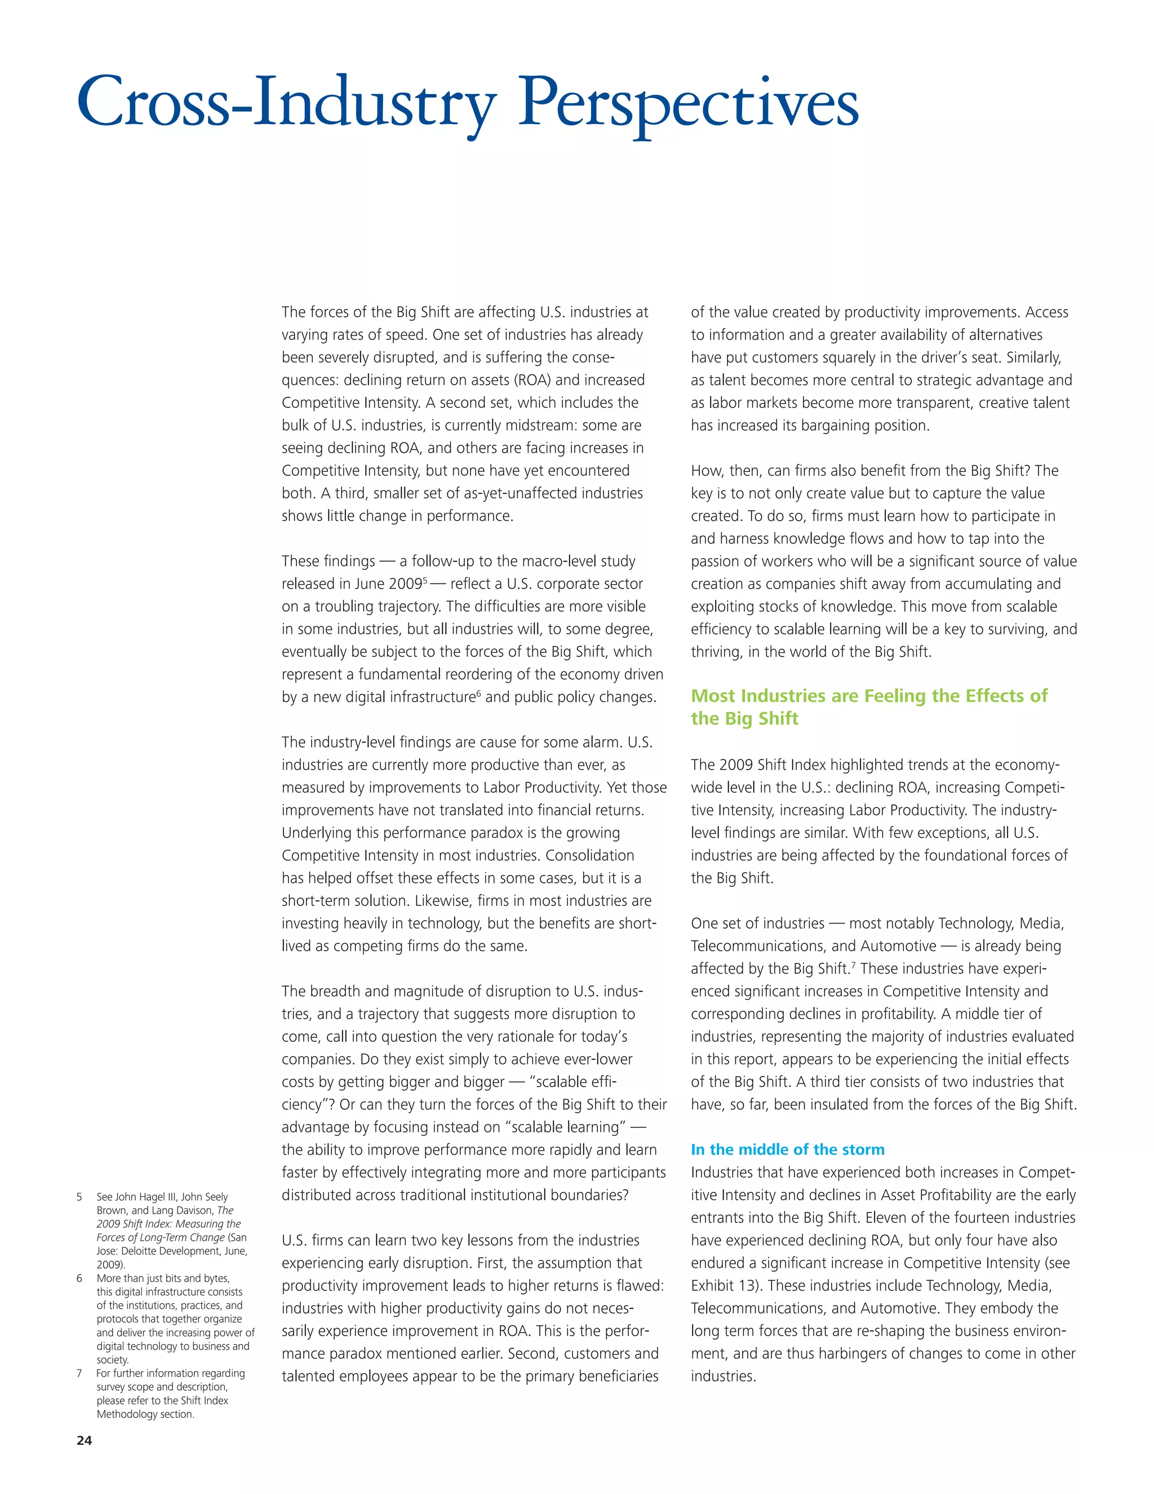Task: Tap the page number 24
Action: tap(84, 1440)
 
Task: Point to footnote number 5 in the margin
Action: tap(79, 1197)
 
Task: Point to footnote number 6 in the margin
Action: tap(79, 1279)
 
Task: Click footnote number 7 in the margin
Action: tap(79, 1373)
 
